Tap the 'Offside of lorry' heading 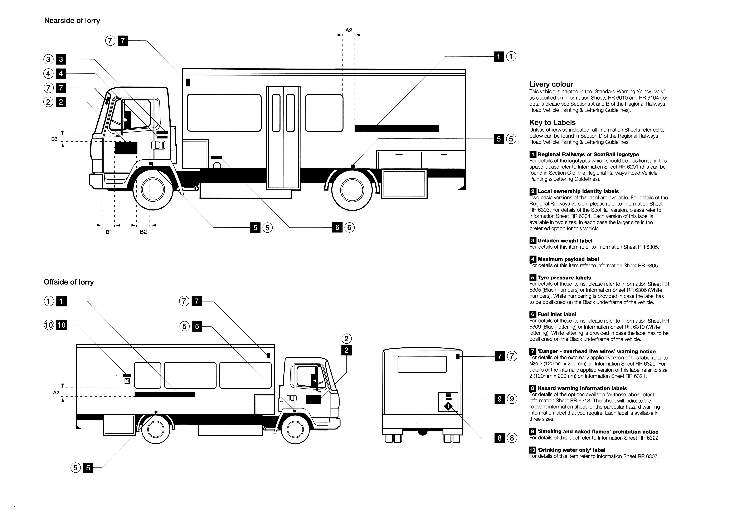[x=69, y=282]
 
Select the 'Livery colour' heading [x=551, y=84]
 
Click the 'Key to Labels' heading [x=552, y=123]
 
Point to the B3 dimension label [x=54, y=139]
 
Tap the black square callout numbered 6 [x=337, y=228]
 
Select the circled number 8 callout [x=512, y=438]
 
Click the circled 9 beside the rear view [x=512, y=399]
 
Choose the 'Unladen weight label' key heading [x=565, y=241]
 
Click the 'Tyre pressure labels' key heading [x=564, y=278]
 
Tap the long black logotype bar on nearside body [x=396, y=128]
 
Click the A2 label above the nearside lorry [x=349, y=30]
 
